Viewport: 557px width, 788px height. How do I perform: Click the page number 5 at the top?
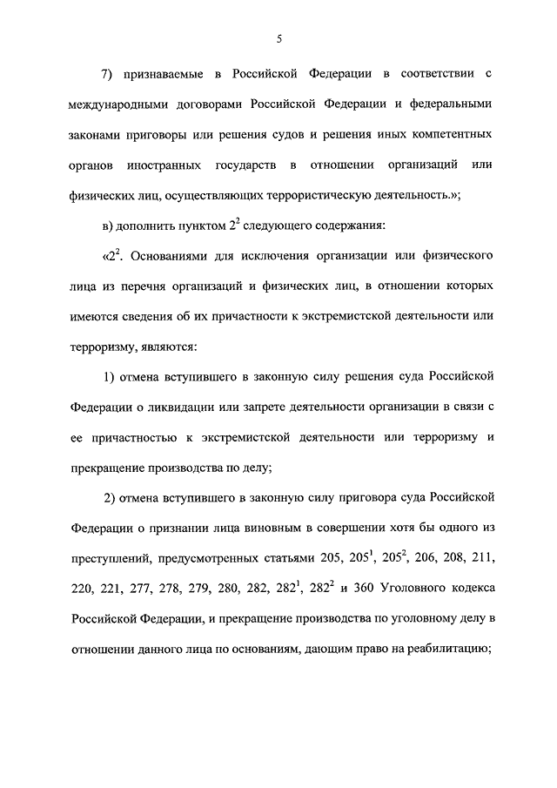(x=278, y=37)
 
